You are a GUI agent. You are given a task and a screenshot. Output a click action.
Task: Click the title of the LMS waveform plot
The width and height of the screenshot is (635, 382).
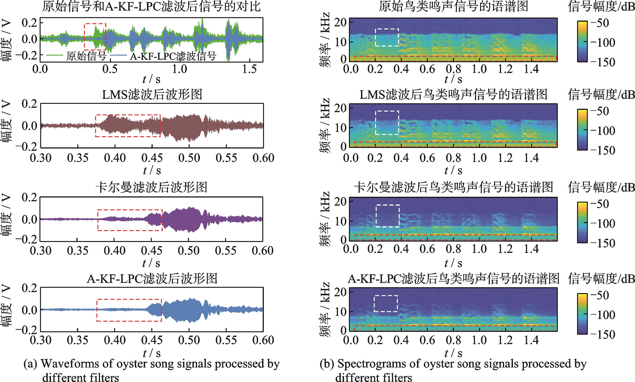[152, 94]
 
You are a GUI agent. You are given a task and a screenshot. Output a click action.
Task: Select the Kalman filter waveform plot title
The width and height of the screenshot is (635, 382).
[151, 187]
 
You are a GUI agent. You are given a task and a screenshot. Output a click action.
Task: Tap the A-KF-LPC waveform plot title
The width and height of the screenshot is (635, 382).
[152, 279]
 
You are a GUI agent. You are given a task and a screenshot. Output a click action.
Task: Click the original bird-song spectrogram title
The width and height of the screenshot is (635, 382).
[453, 6]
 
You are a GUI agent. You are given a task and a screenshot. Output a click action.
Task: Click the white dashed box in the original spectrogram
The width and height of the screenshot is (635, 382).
[387, 37]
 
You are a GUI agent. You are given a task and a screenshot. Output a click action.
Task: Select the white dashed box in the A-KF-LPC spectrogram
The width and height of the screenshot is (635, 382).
[386, 303]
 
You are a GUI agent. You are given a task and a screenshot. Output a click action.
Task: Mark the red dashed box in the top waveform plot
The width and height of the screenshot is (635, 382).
[95, 37]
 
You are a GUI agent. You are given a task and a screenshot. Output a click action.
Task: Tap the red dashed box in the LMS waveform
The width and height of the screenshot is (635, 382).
[128, 126]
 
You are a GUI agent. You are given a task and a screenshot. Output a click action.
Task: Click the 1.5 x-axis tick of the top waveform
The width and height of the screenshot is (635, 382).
[249, 69]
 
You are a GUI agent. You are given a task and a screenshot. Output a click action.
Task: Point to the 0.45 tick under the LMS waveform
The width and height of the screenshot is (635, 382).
[152, 158]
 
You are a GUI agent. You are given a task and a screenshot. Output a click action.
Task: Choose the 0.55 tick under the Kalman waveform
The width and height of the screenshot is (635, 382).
[226, 250]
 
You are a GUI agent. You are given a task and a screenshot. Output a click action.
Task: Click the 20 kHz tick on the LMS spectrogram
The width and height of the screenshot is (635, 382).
[340, 108]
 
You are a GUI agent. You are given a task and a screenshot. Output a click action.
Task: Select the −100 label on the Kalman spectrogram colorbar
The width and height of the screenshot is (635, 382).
[603, 223]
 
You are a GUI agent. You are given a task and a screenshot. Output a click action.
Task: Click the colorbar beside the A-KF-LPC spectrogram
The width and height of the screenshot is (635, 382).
[582, 314]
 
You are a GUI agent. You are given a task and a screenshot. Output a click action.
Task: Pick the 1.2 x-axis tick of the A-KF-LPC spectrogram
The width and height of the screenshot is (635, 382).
[505, 340]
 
